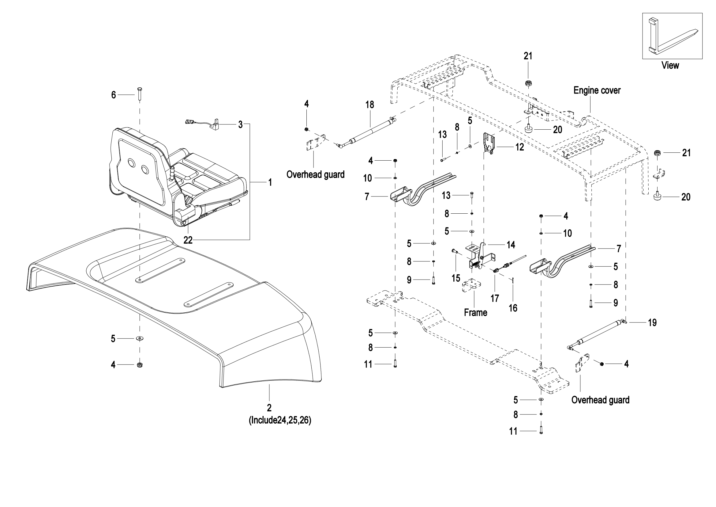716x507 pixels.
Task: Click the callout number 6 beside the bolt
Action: click(x=114, y=95)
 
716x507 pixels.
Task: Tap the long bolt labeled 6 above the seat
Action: click(x=139, y=93)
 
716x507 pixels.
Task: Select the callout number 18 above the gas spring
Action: click(x=369, y=105)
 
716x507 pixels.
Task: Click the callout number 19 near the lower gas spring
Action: click(x=652, y=322)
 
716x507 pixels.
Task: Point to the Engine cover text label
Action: click(x=597, y=90)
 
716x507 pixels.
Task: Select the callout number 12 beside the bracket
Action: click(x=519, y=147)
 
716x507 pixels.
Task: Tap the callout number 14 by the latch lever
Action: click(x=511, y=245)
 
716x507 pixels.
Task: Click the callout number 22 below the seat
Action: click(x=188, y=240)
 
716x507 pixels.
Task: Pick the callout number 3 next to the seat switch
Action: click(x=240, y=124)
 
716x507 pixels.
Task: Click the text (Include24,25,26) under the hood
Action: click(x=280, y=420)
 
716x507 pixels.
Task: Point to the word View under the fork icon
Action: click(x=670, y=66)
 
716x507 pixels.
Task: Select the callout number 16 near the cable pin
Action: click(x=513, y=308)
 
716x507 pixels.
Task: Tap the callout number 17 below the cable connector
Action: click(x=495, y=299)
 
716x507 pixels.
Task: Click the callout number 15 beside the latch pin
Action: click(x=456, y=278)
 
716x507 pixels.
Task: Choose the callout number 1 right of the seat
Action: click(x=270, y=182)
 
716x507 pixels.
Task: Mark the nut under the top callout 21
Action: click(x=528, y=84)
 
